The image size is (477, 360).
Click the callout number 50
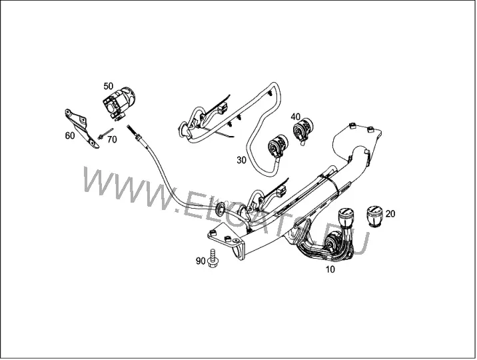coord(109,86)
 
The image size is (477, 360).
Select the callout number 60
coord(70,135)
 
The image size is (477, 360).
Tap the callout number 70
coord(112,139)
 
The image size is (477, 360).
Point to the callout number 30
coord(241,160)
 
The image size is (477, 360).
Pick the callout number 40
coord(295,117)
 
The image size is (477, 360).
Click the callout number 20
coord(390,214)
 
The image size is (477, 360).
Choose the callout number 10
coord(330,269)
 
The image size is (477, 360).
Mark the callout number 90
coord(201,261)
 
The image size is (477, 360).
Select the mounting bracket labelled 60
coord(82,128)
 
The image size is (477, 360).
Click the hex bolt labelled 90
coord(213,259)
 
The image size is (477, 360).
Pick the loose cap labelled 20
coord(374,216)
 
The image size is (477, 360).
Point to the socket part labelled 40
coord(303,130)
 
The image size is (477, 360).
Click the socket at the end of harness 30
coord(278,145)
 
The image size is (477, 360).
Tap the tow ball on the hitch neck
coord(346,217)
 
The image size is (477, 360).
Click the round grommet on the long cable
coord(221,208)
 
